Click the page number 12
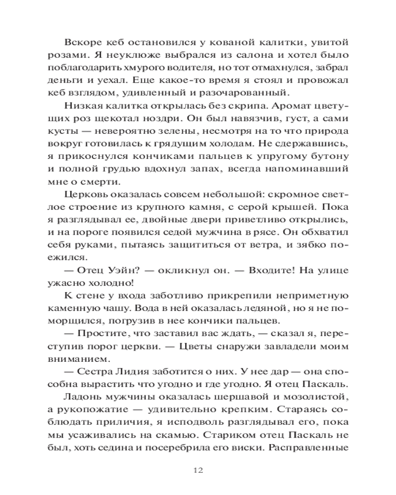coord(198,470)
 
